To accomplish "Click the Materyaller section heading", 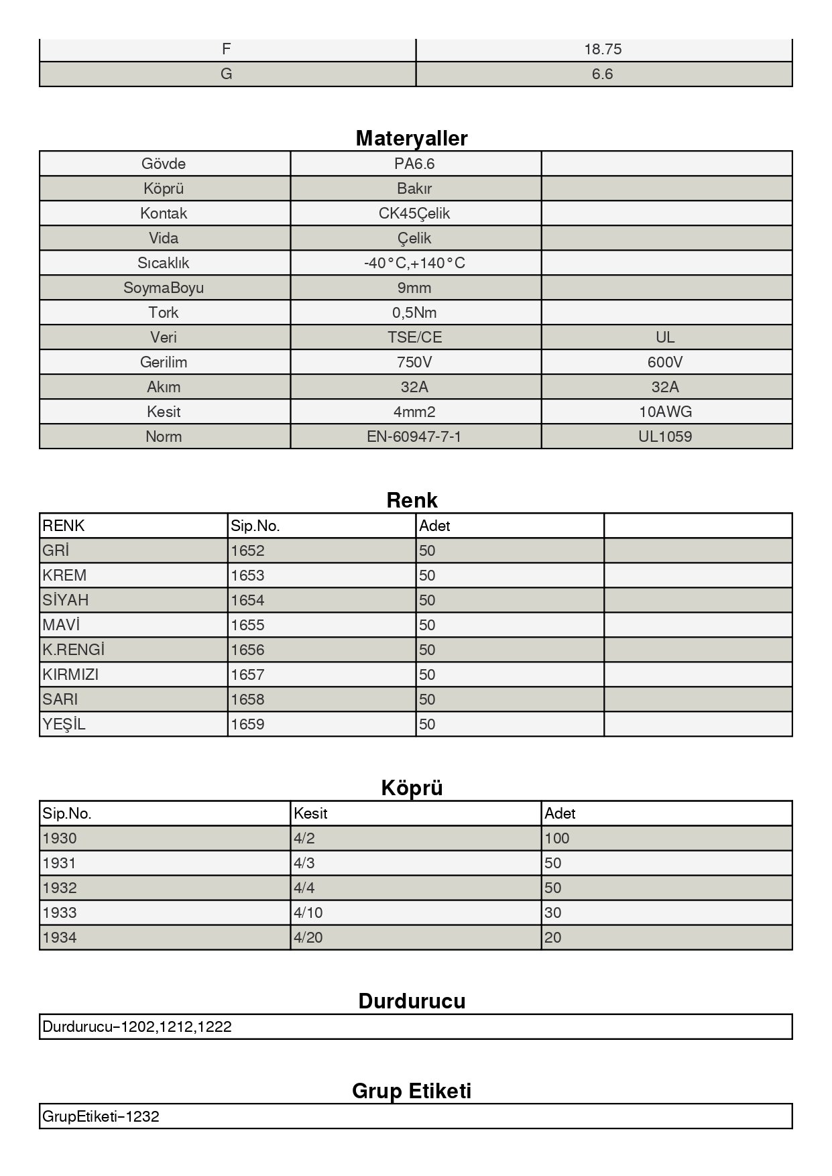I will (412, 138).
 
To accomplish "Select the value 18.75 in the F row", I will (603, 49).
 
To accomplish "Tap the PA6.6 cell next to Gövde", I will (415, 164).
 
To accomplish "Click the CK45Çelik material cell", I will (414, 213).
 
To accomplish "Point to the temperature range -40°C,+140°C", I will (414, 263).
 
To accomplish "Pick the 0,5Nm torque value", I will (414, 312).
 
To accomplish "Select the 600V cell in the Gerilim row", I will (665, 362).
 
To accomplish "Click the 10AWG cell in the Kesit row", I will (665, 412).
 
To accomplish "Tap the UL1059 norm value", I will (665, 436).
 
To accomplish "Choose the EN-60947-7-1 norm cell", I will (414, 436).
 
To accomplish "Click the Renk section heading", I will (412, 500).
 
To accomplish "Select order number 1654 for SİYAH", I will (247, 600).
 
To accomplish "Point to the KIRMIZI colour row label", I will (70, 674).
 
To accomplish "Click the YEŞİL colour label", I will (64, 724).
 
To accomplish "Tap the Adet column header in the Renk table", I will (434, 526).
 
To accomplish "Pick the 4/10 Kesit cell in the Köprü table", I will (308, 913).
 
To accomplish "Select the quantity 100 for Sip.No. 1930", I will (556, 838).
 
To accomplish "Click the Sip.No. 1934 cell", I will (60, 937).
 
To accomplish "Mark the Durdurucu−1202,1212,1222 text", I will (137, 1026).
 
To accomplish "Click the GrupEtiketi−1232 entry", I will (101, 1116).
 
